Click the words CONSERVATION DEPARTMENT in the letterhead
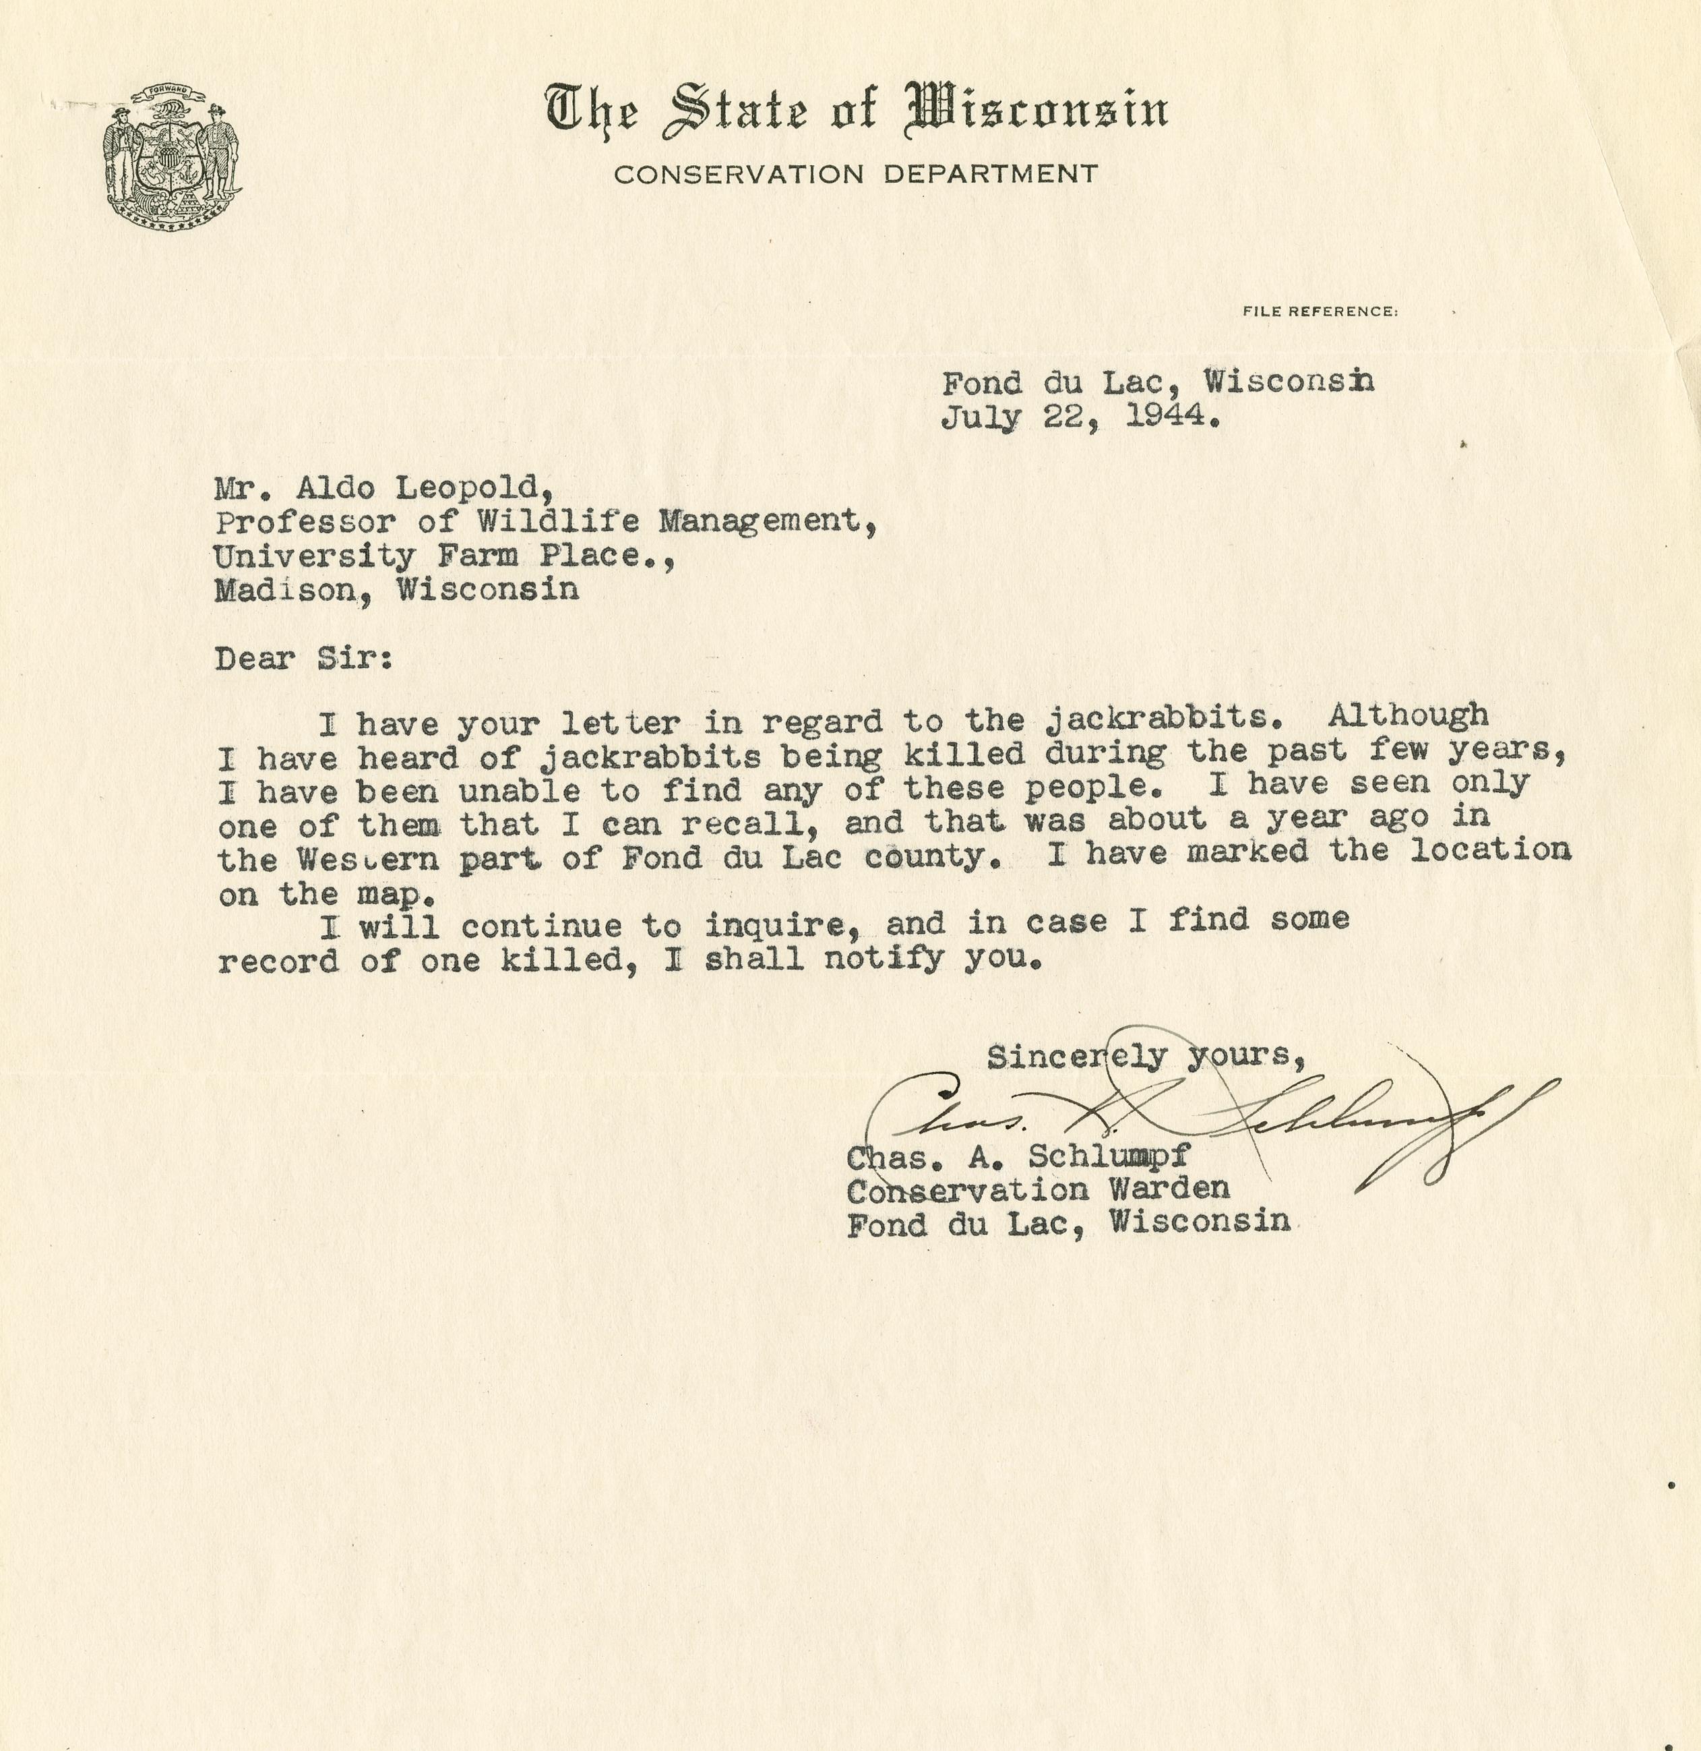[x=856, y=173]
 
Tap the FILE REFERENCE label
[x=1320, y=311]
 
